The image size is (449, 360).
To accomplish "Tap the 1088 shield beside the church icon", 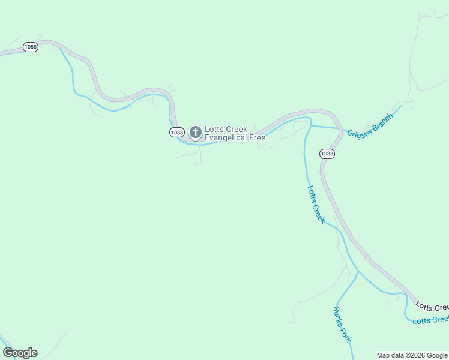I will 176,133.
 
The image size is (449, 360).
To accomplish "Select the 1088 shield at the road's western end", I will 31,47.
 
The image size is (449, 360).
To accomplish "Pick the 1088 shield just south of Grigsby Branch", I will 327,154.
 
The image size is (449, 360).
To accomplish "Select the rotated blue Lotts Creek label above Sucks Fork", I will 316,204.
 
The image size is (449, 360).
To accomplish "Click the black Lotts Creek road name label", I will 432,306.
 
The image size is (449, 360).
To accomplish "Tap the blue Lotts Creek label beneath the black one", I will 430,319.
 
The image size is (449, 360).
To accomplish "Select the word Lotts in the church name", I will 214,129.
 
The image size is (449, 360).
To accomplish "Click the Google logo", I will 20,353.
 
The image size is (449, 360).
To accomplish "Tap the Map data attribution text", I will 392,355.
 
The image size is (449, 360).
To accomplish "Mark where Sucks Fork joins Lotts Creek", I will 358,272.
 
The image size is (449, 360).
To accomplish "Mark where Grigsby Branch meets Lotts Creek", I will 310,126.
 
